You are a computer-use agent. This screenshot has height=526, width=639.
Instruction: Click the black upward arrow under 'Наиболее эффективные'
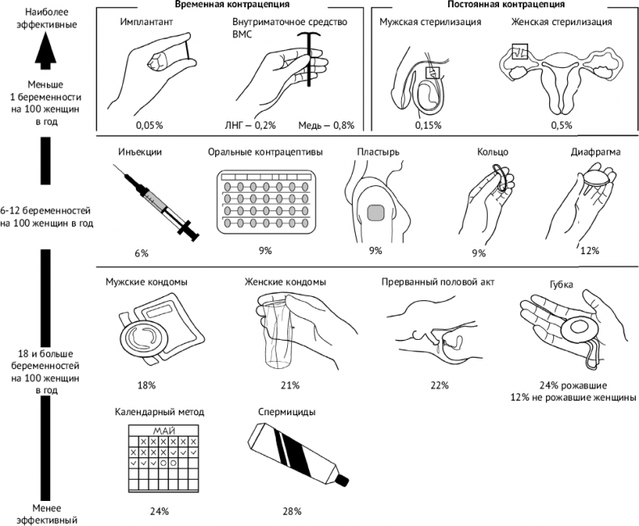[x=45, y=54]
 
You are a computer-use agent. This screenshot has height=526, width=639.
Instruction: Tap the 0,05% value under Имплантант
[x=150, y=125]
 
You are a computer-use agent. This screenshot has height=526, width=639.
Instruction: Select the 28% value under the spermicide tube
[x=292, y=511]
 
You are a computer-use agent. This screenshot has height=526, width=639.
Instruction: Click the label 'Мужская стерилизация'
[x=430, y=22]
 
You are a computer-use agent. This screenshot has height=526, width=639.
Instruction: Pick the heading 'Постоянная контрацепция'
[x=495, y=6]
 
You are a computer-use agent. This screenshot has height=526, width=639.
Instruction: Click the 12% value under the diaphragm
[x=590, y=251]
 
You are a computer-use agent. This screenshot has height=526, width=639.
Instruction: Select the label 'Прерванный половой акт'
[x=438, y=282]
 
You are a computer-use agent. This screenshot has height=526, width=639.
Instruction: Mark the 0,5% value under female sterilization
[x=561, y=125]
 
